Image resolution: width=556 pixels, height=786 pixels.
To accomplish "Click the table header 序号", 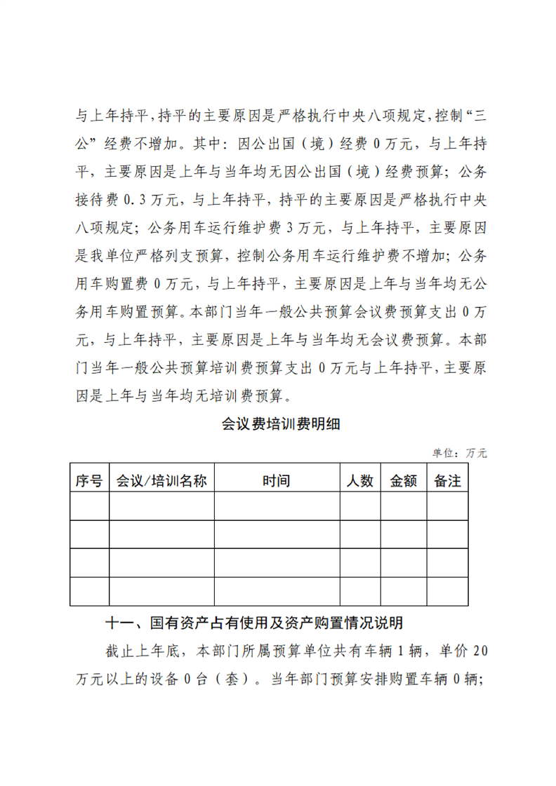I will point(89,481).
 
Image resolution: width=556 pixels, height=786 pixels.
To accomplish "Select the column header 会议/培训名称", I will point(161,481).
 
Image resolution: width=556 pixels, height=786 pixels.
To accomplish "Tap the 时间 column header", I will point(277,481).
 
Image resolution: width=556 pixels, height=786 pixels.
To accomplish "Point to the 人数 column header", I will point(360,481).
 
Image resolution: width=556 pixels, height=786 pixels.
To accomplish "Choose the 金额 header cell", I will point(403,481).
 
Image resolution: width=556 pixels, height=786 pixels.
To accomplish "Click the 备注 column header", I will point(447,481).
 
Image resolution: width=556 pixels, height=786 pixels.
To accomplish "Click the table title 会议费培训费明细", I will point(278,424).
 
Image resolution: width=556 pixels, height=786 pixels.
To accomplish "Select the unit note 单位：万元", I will point(459,453).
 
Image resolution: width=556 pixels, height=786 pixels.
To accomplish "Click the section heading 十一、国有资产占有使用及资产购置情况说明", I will point(253,623).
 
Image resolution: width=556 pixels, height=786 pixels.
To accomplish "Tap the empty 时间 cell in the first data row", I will point(277,506).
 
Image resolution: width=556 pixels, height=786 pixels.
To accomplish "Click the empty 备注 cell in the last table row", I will point(447,591).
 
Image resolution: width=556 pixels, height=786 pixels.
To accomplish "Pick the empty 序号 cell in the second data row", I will point(89,534).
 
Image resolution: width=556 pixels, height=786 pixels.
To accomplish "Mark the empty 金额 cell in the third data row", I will point(403,563).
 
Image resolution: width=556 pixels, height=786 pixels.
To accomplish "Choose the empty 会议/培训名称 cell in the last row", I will point(161,591).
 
